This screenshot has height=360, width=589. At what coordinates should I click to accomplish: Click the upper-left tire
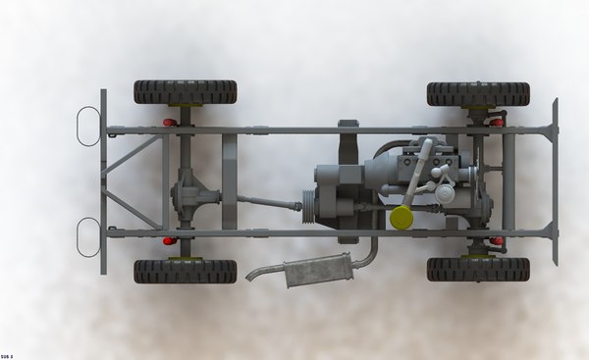tap(185, 92)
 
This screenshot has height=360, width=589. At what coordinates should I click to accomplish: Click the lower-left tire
tap(185, 271)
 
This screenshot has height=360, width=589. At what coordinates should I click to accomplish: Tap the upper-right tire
tap(478, 93)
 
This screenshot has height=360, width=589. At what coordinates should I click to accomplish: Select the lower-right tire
tap(478, 269)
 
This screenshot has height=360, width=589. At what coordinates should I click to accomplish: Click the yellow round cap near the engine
tap(401, 218)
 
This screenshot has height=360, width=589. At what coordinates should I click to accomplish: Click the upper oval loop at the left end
tap(88, 125)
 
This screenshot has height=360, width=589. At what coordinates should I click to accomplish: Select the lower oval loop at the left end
tap(88, 237)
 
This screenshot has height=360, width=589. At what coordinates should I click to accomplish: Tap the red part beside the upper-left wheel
tap(170, 123)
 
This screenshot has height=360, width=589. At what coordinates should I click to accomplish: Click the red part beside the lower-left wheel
tap(170, 240)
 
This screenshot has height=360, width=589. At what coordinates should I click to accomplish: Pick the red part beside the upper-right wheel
tap(497, 123)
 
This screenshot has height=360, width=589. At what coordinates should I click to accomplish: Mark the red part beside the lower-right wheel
tap(497, 240)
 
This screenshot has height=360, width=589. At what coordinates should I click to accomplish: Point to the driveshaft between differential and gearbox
tap(267, 202)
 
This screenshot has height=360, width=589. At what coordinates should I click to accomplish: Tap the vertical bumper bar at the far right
tap(555, 181)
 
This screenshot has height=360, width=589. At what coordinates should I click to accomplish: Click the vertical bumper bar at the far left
tap(103, 181)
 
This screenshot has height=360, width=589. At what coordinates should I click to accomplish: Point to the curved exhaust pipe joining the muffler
tap(369, 253)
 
